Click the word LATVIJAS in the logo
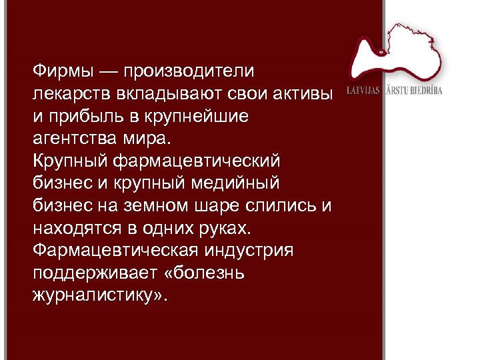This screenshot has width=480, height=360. click(364, 91)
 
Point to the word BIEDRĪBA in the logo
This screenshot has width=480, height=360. click(425, 91)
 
